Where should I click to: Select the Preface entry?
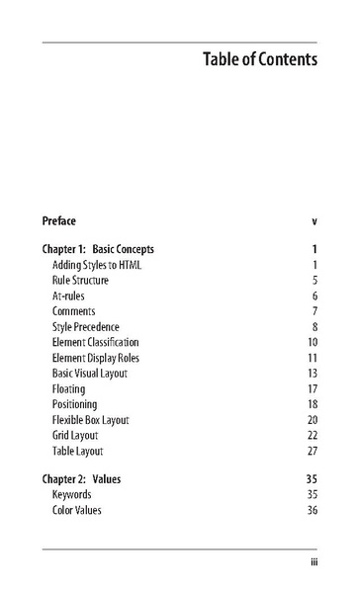(58, 220)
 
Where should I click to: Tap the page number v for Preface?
(314, 220)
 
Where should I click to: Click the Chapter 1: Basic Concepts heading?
(98, 249)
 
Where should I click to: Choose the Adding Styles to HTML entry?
(97, 265)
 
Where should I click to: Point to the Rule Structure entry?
(80, 281)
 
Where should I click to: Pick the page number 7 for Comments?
(314, 311)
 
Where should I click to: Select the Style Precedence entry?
(85, 326)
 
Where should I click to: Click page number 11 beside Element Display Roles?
(312, 358)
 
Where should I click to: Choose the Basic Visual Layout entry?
(90, 373)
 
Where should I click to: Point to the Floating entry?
(68, 388)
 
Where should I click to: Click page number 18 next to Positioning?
(312, 404)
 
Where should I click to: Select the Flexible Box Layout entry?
(91, 419)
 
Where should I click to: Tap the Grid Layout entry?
(75, 435)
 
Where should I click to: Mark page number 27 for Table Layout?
(312, 451)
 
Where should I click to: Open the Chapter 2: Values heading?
(81, 479)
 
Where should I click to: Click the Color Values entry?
(76, 510)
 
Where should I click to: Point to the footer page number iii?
(313, 563)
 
